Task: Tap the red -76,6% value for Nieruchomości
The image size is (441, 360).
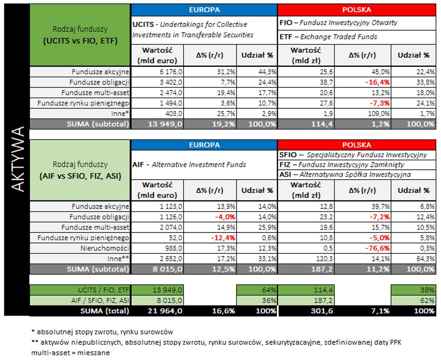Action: (x=364, y=248)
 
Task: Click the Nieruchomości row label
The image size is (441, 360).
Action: (x=108, y=248)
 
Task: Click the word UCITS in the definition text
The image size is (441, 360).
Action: (x=143, y=24)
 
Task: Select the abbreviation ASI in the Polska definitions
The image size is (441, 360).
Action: (x=285, y=174)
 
